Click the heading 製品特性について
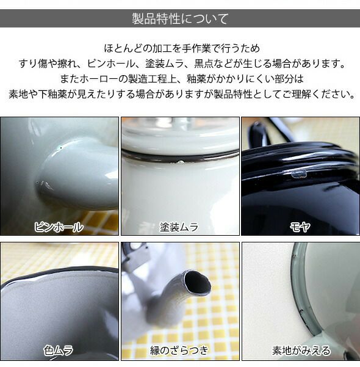click(x=180, y=18)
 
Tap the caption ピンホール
click(x=59, y=227)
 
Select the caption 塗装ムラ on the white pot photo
click(x=179, y=227)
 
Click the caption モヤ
click(x=300, y=227)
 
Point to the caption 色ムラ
click(x=59, y=351)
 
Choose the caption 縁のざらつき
click(x=179, y=351)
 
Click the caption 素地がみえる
click(x=301, y=351)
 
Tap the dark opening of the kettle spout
click(x=198, y=283)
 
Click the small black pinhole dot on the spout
click(x=61, y=148)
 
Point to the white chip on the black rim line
click(x=181, y=161)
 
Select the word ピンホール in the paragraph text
click(x=111, y=64)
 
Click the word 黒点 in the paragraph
click(x=204, y=64)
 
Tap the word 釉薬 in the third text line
click(x=196, y=79)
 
